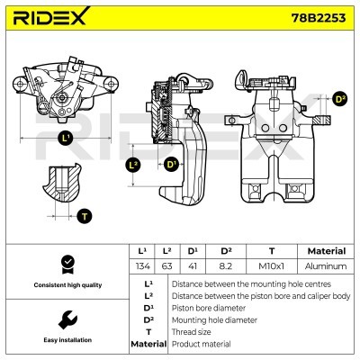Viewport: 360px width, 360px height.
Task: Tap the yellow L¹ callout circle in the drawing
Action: [65, 139]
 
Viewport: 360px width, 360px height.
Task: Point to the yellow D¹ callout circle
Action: [171, 164]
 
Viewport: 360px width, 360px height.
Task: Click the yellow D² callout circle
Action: [339, 99]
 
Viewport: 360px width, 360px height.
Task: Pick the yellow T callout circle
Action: [84, 215]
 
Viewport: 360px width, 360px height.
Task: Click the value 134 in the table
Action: [141, 266]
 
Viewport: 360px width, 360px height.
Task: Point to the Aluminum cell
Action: [326, 266]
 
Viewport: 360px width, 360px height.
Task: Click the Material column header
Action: [326, 251]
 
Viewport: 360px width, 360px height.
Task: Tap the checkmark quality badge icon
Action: [67, 263]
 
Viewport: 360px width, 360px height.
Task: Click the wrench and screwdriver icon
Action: [67, 320]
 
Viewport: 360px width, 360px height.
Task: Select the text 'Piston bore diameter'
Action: [208, 307]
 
